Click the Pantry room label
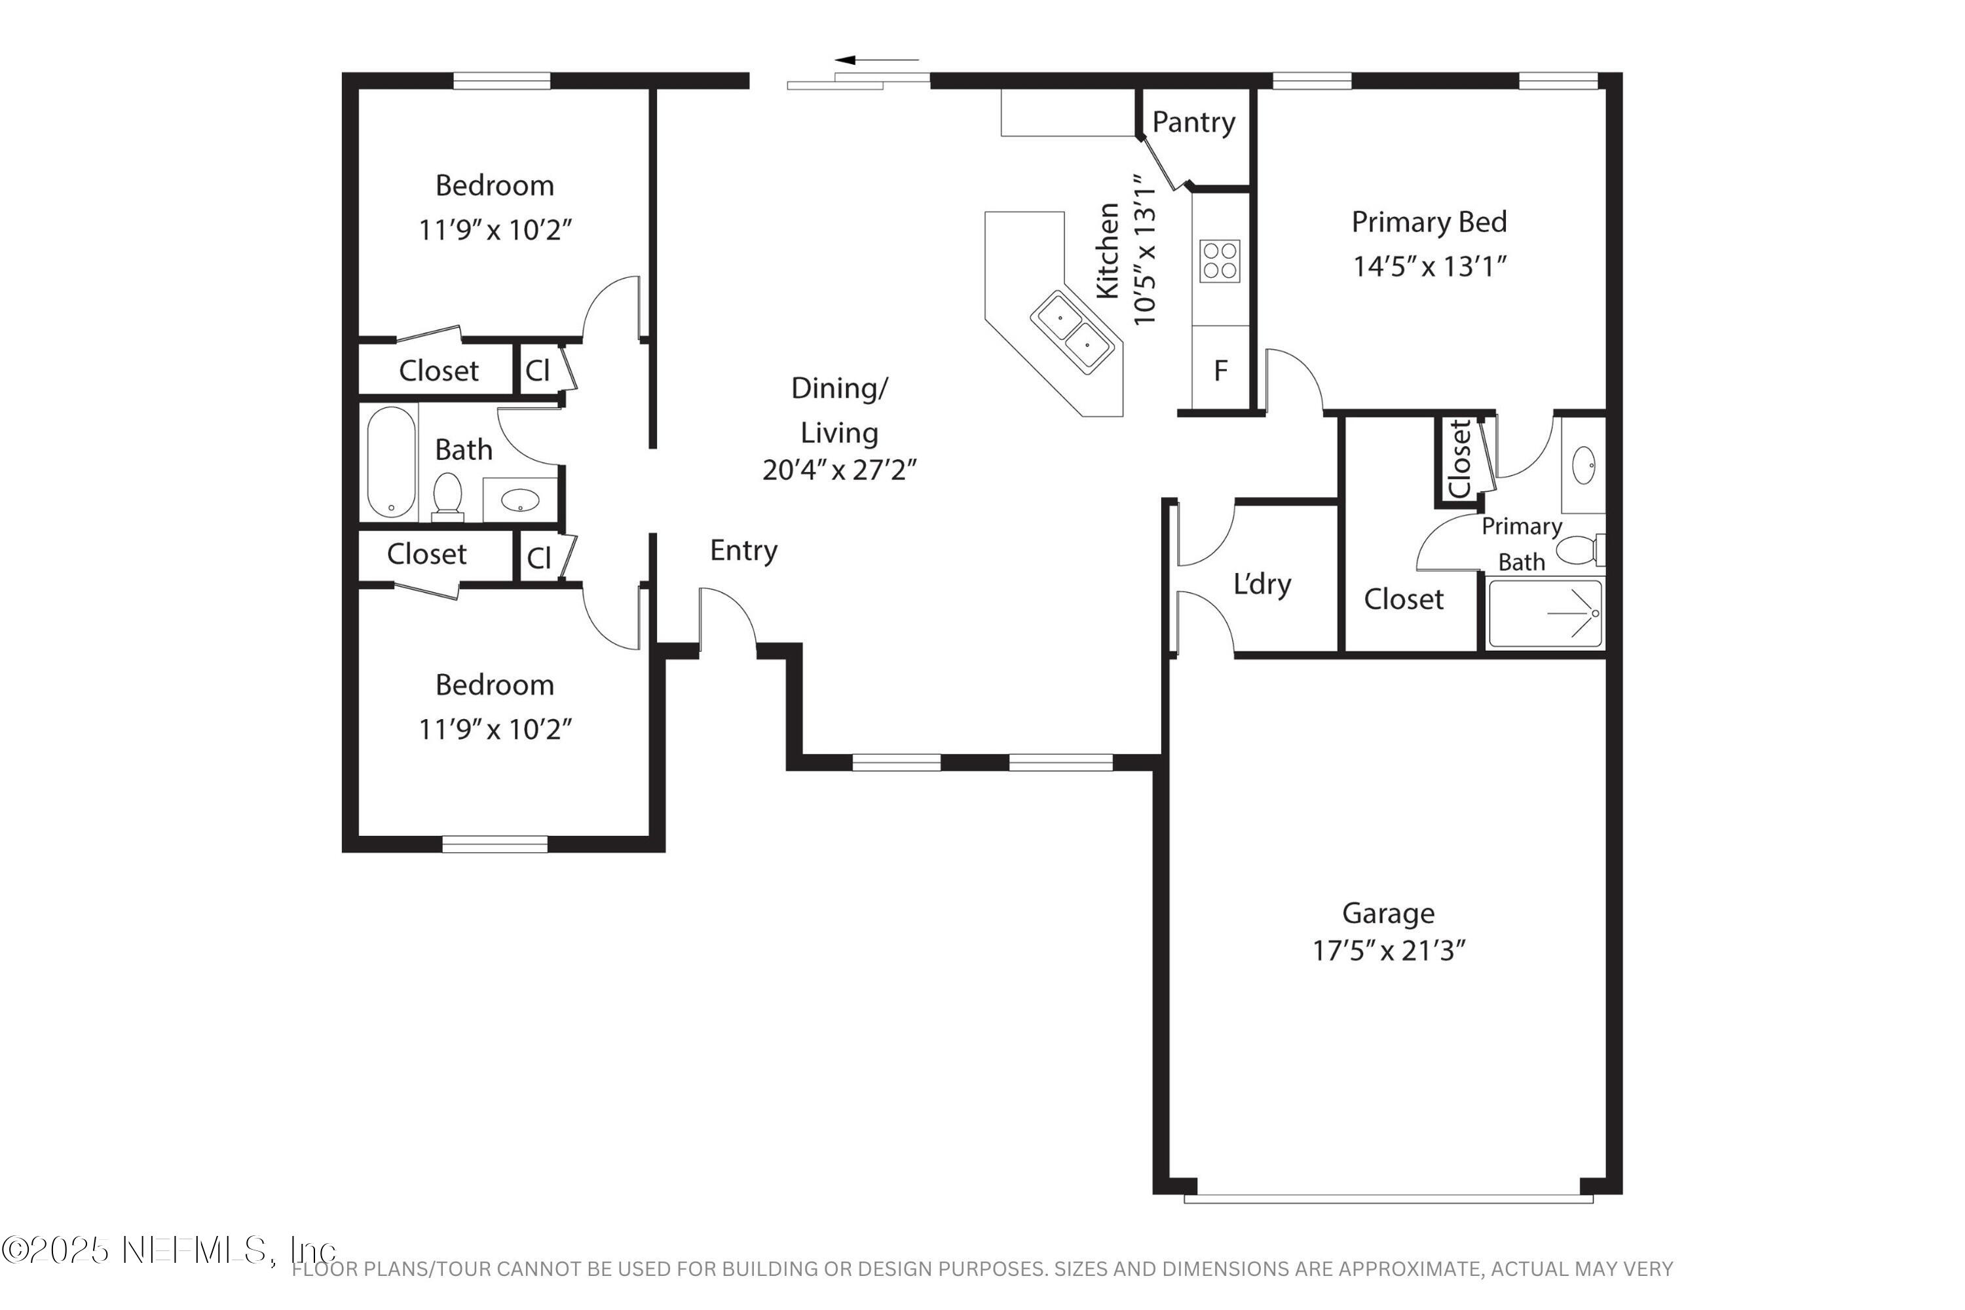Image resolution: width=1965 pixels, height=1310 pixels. pyautogui.click(x=1193, y=122)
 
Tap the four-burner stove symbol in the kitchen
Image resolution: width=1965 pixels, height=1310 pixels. pyautogui.click(x=1220, y=261)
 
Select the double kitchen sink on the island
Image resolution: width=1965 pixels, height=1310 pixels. pyautogui.click(x=1074, y=331)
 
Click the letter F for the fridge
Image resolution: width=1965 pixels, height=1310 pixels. pyautogui.click(x=1221, y=370)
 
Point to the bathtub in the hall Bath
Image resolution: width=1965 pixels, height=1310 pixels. pyautogui.click(x=391, y=462)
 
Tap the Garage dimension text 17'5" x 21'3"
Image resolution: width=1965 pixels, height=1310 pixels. pyautogui.click(x=1389, y=951)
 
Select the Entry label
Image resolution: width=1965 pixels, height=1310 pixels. pyautogui.click(x=743, y=551)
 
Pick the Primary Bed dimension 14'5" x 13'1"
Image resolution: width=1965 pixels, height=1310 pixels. pyautogui.click(x=1429, y=267)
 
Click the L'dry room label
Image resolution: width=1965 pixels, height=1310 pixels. pyautogui.click(x=1262, y=584)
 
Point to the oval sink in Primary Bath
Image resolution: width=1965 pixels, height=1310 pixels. pyautogui.click(x=1584, y=465)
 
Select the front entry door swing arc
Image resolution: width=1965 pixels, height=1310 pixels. pyautogui.click(x=728, y=614)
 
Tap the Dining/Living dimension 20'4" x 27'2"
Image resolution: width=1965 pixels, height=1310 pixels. pyautogui.click(x=839, y=470)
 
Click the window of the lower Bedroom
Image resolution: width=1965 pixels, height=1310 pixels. pyautogui.click(x=495, y=844)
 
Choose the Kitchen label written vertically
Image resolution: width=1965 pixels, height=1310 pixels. pyautogui.click(x=1108, y=251)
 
